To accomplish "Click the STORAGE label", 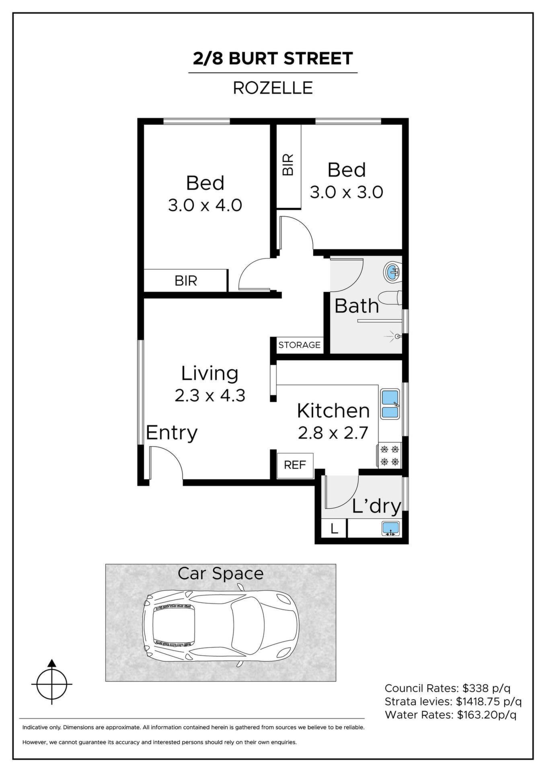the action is (299, 345).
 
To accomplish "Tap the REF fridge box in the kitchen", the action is (295, 465).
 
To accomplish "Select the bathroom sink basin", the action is (392, 272).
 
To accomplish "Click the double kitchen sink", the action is (390, 404).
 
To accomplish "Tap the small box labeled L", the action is (334, 528).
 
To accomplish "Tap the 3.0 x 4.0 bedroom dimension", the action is (205, 205).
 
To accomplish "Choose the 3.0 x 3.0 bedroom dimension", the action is (347, 192).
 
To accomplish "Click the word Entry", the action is (172, 433).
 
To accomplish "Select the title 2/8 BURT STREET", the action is (273, 59).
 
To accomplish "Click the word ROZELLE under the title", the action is (273, 88).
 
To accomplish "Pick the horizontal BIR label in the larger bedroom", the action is (186, 280).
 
